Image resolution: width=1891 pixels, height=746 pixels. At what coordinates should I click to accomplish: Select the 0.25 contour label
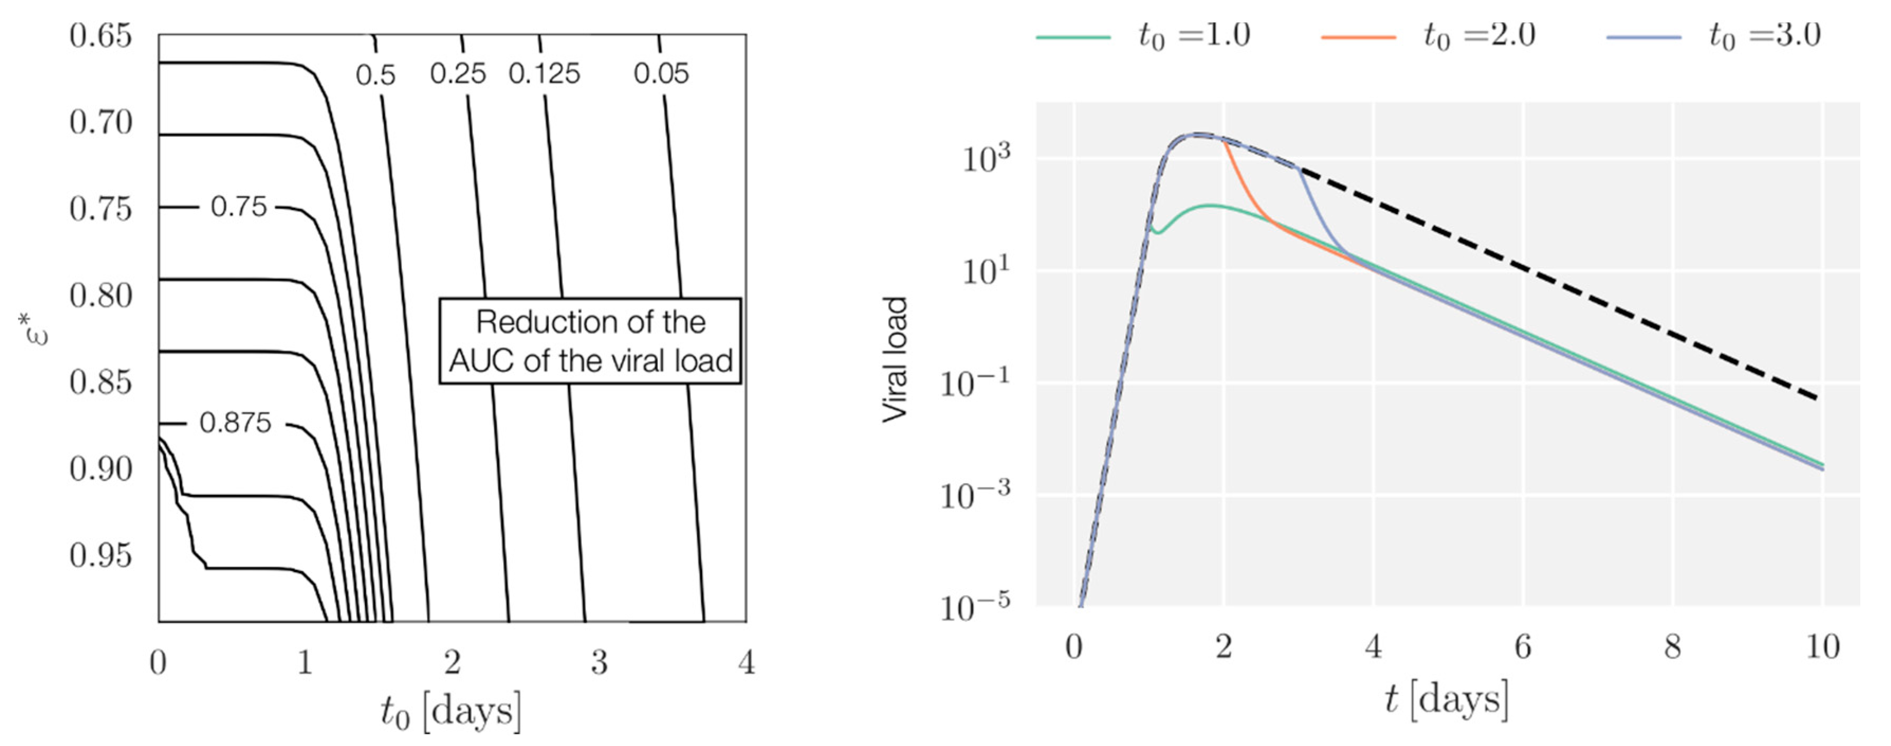click(x=458, y=73)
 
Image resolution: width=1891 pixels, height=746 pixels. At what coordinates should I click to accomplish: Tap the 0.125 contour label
click(x=544, y=73)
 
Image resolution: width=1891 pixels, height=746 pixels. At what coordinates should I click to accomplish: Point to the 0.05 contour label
click(x=661, y=73)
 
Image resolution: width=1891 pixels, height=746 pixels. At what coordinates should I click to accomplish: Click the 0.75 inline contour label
click(x=238, y=207)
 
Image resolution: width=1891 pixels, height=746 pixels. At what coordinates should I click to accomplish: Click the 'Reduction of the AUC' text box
click(x=590, y=340)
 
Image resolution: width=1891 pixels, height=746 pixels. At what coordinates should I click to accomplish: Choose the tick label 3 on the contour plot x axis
click(x=599, y=662)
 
